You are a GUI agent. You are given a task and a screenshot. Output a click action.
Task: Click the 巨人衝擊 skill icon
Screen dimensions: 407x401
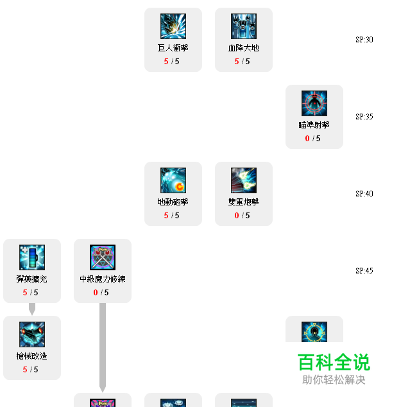173,26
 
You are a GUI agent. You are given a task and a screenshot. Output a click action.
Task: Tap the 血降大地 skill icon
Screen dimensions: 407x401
244,26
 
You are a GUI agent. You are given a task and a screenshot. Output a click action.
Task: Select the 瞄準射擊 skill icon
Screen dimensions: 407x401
314,103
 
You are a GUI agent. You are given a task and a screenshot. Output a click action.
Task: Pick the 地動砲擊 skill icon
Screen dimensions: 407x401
173,180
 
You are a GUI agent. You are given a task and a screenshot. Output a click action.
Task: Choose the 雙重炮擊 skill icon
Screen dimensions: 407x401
244,180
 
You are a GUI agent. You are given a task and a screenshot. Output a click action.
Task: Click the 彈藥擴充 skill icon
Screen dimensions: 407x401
32,257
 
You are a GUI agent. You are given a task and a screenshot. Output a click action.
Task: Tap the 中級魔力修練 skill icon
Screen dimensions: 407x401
103,257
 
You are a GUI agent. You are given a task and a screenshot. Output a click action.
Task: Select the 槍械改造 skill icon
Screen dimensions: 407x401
32,334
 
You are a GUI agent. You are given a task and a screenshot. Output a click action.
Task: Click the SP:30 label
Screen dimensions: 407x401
364,40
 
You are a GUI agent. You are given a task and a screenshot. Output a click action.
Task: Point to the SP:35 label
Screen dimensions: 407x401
364,117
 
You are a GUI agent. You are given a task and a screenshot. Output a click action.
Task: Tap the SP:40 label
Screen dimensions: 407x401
364,194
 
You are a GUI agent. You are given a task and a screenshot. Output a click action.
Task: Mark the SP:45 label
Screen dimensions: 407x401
364,271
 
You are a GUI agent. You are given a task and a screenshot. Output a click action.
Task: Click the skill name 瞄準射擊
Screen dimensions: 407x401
314,125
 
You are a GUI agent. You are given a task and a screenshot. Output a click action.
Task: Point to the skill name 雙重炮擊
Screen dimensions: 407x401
244,202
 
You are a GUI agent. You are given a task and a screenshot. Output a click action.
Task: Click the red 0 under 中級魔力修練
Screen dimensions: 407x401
96,293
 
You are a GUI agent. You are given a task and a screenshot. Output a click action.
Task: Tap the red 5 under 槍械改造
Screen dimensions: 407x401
25,370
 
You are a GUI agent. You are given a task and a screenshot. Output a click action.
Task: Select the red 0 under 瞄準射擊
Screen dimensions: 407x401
307,139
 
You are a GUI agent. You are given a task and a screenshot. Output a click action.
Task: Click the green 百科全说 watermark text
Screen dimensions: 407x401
334,363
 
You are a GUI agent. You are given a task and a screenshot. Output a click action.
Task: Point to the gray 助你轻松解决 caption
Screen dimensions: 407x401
334,380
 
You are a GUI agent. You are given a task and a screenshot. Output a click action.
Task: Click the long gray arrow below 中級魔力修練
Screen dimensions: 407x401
102,347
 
